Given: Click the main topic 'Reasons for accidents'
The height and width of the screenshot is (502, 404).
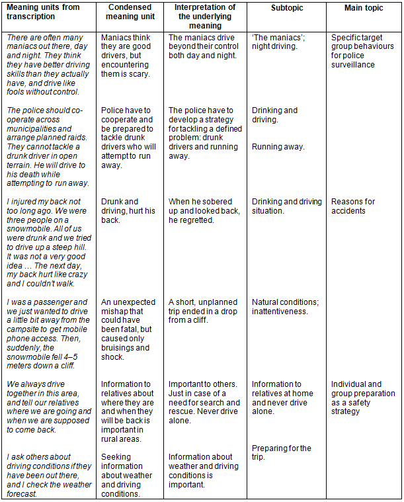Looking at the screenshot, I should tap(353, 206).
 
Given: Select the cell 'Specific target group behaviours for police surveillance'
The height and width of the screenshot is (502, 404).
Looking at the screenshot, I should tap(362, 52).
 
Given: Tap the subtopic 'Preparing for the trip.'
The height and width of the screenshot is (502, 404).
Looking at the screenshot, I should tap(282, 452).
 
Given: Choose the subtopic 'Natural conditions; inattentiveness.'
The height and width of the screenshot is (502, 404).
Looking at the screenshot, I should tap(285, 307).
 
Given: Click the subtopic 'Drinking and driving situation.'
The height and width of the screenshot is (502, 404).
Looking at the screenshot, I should tap(284, 206).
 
